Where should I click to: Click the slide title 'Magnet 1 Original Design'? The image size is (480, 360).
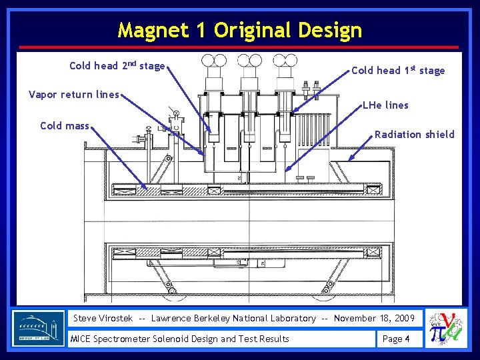tap(240, 30)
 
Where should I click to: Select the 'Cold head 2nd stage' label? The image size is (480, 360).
tap(117, 65)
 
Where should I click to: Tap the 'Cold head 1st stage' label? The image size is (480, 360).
tap(397, 70)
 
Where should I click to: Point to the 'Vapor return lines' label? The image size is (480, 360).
tap(74, 94)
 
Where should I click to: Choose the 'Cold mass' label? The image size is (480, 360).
tap(65, 125)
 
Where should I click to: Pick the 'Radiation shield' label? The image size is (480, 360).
tap(414, 134)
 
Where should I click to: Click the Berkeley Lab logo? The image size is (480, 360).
tap(39, 328)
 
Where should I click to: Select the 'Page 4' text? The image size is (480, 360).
tap(396, 339)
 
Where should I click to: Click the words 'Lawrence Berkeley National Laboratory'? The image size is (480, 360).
tap(233, 318)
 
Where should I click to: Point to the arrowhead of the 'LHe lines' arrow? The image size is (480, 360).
tap(287, 169)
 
